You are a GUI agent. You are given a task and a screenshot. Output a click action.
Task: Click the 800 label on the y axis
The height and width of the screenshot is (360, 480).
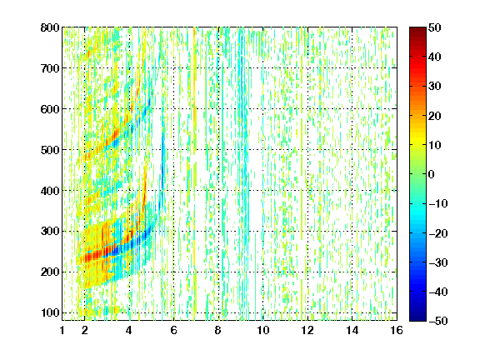click(x=50, y=27)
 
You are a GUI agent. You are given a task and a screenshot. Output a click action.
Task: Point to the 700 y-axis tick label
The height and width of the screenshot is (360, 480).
click(x=50, y=68)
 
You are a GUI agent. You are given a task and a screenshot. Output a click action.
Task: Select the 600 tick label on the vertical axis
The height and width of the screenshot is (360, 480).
click(x=50, y=109)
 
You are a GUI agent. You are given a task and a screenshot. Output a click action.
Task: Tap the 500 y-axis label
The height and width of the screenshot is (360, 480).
click(x=50, y=150)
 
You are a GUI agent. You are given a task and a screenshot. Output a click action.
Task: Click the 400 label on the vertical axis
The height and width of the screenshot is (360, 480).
click(x=50, y=191)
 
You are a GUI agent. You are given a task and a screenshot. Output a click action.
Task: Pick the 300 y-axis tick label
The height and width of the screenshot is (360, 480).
click(x=50, y=232)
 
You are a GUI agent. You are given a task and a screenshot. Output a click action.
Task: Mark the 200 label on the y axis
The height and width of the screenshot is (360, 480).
click(x=50, y=272)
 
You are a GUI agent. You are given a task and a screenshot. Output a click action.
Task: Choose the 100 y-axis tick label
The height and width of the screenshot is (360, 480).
click(x=50, y=312)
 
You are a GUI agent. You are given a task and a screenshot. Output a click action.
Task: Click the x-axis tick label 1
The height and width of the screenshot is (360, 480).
click(x=62, y=330)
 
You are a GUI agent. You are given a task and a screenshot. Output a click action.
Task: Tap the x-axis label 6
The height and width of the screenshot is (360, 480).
click(x=173, y=330)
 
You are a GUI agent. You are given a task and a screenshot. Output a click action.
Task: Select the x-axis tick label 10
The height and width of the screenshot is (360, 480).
click(x=262, y=330)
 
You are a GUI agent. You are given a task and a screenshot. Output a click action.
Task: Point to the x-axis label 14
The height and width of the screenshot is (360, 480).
click(x=352, y=330)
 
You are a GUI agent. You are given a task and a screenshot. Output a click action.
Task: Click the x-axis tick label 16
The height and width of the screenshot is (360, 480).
click(x=397, y=330)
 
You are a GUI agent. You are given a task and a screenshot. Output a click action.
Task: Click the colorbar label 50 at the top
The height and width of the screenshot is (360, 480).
click(x=434, y=27)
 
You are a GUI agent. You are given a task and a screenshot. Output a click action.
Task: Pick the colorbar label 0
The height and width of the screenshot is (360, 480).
click(x=432, y=174)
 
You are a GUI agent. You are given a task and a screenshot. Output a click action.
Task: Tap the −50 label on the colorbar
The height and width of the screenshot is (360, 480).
click(x=438, y=321)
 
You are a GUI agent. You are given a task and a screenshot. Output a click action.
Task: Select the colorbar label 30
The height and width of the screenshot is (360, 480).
click(x=434, y=87)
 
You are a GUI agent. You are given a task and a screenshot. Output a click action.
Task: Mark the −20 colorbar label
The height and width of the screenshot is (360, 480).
click(x=438, y=233)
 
